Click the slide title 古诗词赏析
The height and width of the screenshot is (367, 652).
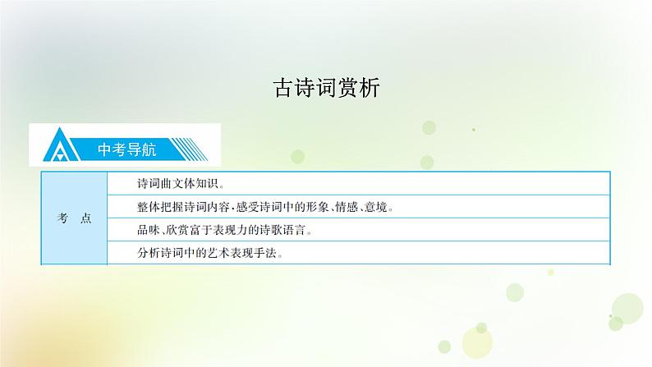coord(326,88)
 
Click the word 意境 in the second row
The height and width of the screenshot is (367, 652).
coord(377,207)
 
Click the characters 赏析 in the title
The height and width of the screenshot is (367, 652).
coord(359,88)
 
